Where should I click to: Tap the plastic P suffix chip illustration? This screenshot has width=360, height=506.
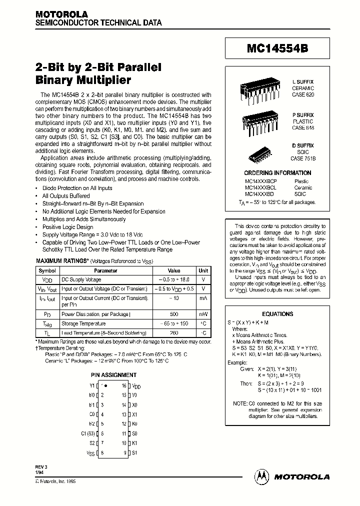pos(256,120)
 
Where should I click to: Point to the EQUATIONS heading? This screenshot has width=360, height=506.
pos(277,314)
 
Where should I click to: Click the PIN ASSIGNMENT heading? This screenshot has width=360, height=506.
pos(113,374)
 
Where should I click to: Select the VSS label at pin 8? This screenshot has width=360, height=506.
pos(90,452)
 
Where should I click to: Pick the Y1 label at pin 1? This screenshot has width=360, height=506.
pos(91,385)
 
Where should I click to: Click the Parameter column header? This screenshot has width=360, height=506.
pos(105,270)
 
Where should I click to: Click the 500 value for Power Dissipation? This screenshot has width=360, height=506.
pos(173,314)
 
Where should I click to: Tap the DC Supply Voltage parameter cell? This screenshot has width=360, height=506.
pos(81,280)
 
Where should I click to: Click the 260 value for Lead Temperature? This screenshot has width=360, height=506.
pos(173,333)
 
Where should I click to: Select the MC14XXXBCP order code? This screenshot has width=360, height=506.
pos(260,181)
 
